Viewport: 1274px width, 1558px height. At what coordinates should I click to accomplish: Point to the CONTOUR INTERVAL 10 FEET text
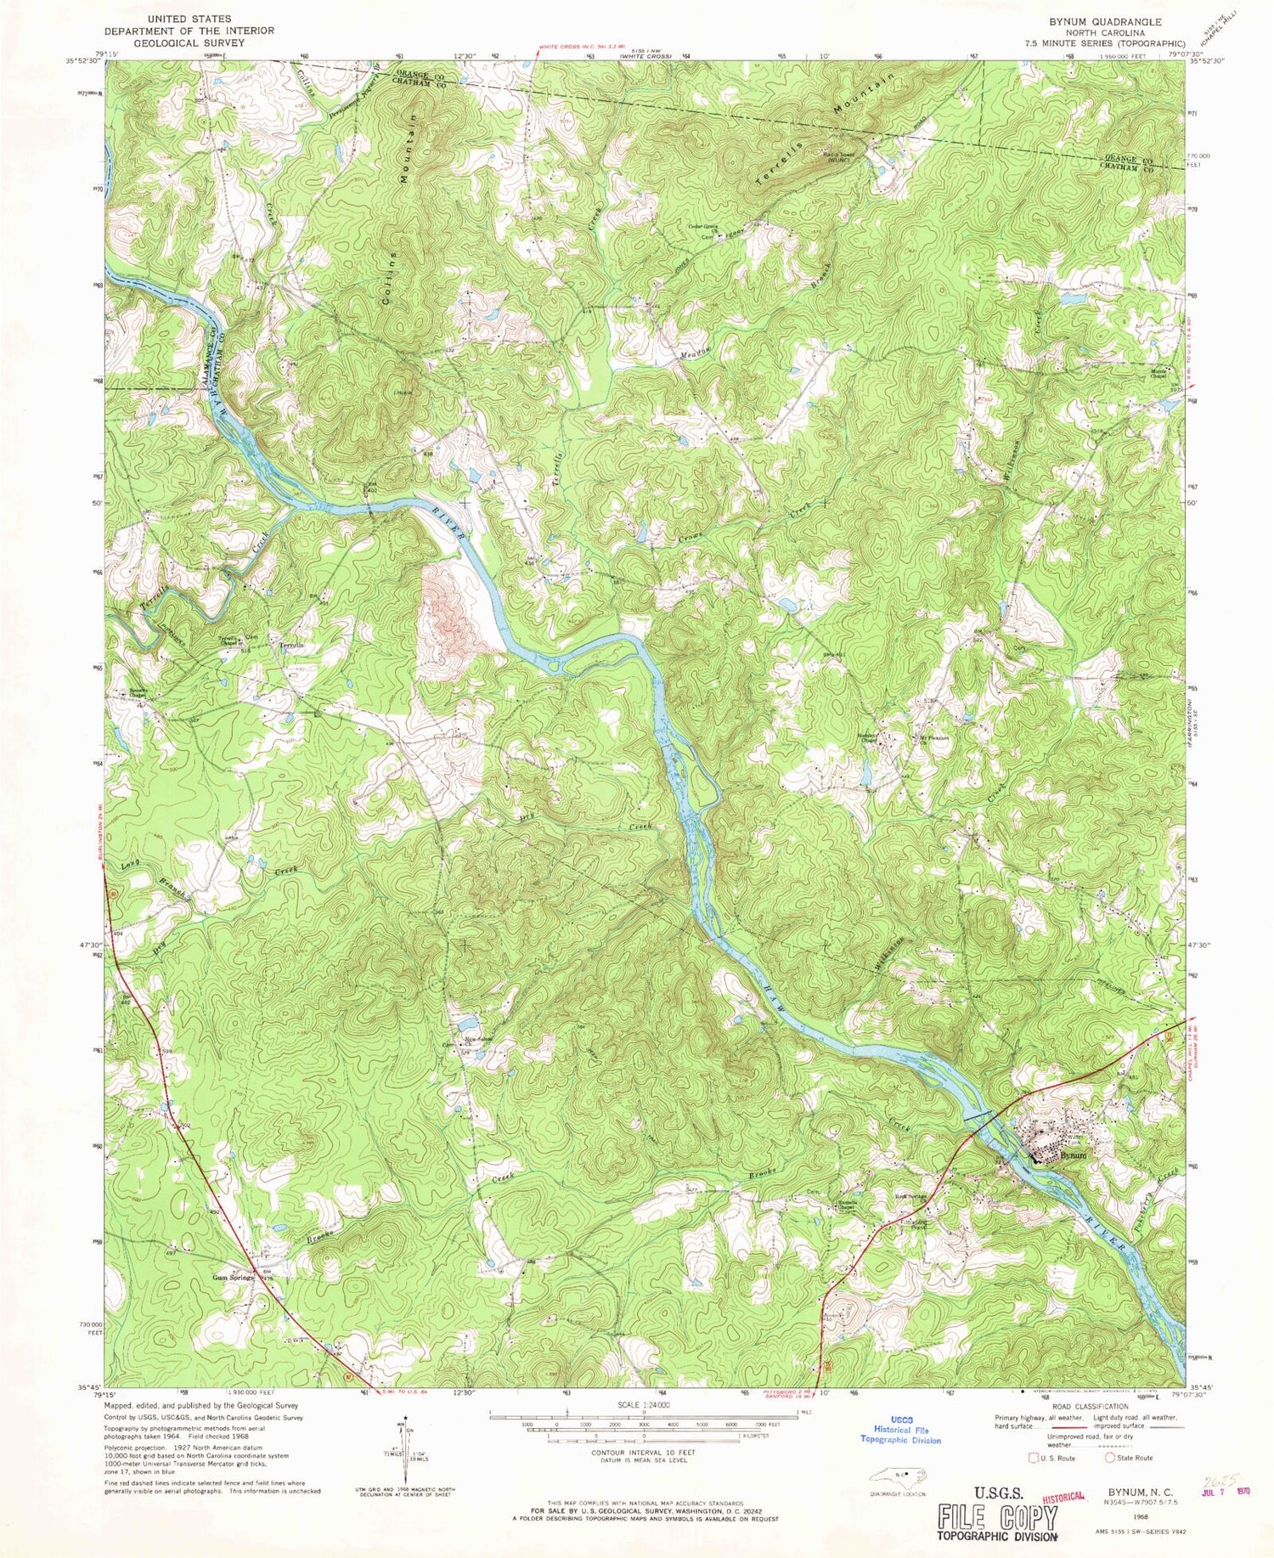pos(642,1454)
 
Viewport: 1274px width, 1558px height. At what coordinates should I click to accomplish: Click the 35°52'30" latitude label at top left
pos(84,59)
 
